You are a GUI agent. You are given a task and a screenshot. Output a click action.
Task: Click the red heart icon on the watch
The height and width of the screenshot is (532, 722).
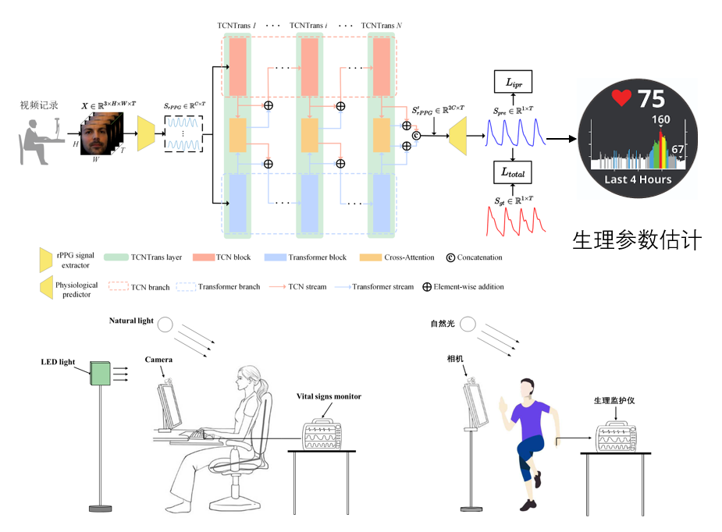(x=621, y=98)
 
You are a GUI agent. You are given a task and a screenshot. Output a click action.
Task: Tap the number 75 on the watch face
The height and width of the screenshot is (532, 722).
(x=651, y=99)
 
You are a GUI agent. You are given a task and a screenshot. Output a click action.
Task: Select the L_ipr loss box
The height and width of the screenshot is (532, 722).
(x=512, y=80)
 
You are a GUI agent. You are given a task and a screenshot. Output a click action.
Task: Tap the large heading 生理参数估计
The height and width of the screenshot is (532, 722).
(x=636, y=240)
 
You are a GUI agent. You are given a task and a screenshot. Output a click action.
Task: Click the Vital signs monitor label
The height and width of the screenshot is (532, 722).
(x=329, y=396)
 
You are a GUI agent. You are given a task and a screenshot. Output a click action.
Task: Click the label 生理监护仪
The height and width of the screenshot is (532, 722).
(x=614, y=401)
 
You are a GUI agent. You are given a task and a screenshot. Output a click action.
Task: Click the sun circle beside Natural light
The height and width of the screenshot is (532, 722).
(x=166, y=324)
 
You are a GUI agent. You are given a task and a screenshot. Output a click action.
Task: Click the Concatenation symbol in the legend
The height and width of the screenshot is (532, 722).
(x=450, y=257)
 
